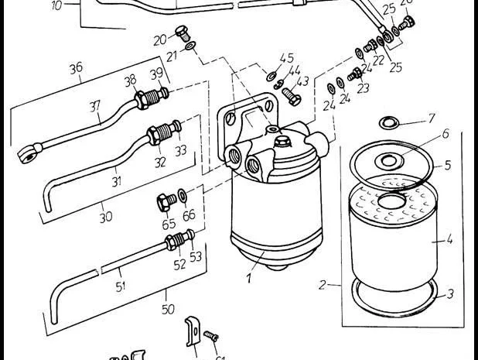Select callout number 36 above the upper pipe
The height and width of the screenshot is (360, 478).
coord(76,68)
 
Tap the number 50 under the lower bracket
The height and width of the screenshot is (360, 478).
coord(169,309)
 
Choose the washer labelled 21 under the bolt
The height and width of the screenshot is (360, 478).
coord(190,48)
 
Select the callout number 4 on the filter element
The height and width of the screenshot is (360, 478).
coord(449,240)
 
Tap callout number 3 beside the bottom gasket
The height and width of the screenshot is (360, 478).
coord(449,295)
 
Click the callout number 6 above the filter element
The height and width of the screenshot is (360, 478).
coord(445,134)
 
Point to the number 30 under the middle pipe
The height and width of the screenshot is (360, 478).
coord(106,218)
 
